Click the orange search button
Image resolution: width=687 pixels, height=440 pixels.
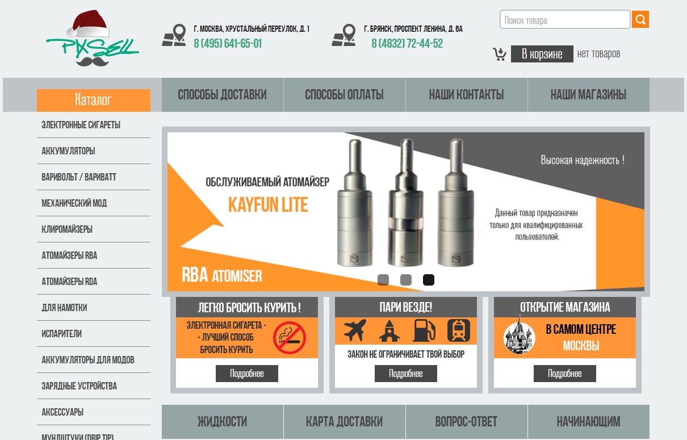click(640, 19)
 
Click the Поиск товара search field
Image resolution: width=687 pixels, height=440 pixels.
click(565, 20)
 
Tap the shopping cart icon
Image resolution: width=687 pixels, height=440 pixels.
click(500, 54)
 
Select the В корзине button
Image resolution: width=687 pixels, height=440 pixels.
click(542, 54)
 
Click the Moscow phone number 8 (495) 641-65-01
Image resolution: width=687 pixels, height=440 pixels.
click(228, 44)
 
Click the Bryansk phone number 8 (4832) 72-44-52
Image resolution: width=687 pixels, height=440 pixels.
click(407, 44)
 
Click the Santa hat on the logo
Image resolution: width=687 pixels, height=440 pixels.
click(89, 23)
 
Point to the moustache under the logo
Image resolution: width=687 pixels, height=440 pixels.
click(93, 61)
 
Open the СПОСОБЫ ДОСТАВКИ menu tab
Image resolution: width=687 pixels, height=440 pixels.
click(223, 95)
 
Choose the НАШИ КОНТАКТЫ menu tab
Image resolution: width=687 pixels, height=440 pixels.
click(467, 95)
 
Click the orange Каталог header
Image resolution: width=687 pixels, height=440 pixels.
click(94, 100)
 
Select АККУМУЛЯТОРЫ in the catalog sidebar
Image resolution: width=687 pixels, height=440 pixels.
click(68, 151)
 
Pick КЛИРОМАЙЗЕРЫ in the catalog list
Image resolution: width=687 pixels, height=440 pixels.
click(67, 229)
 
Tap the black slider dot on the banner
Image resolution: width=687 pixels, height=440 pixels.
click(429, 280)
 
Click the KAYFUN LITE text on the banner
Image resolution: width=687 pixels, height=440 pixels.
click(268, 205)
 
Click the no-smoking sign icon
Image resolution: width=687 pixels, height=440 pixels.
click(290, 338)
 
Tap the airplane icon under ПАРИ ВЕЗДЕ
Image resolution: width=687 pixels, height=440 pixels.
click(355, 330)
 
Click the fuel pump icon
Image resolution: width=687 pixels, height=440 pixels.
click(424, 330)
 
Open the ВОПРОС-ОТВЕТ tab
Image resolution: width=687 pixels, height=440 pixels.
click(467, 422)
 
